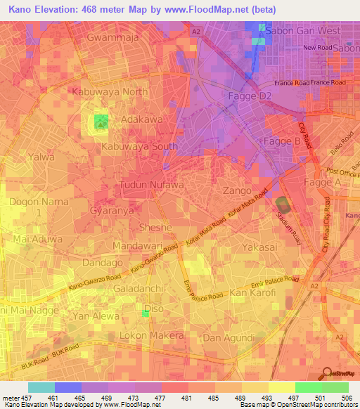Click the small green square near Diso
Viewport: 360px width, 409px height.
tap(146, 313)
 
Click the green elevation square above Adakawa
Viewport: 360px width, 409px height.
tap(101, 122)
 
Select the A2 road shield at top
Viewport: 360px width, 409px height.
tap(198, 32)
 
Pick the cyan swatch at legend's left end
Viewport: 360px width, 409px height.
tap(41, 387)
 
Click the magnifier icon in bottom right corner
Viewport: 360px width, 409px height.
tap(327, 373)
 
